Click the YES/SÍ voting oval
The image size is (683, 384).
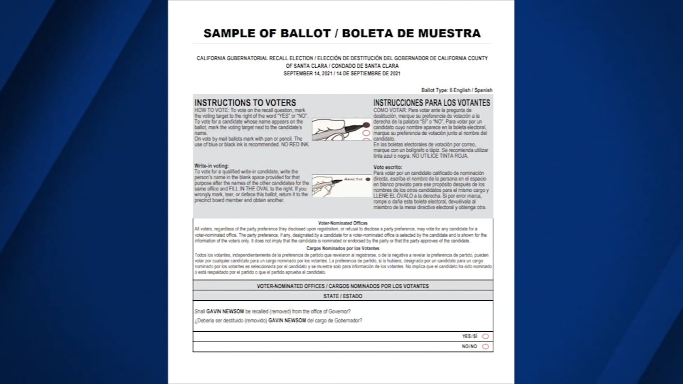486,337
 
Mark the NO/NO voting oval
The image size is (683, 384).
486,347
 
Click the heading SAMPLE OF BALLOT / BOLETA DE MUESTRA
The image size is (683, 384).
342,33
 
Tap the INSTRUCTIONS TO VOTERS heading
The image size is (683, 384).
245,102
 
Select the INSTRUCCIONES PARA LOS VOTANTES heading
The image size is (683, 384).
431,102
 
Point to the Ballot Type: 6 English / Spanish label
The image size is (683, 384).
457,90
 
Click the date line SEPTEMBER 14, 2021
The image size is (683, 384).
342,73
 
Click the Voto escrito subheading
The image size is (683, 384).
388,167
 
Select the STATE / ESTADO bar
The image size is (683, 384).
343,296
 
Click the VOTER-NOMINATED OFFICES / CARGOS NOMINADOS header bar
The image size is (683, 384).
343,286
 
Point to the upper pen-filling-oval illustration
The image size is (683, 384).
341,129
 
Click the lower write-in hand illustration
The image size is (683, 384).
341,185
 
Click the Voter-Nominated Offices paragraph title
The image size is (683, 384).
343,223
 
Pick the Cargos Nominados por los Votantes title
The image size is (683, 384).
343,249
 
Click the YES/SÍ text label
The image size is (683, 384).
470,337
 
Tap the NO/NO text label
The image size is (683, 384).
470,347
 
